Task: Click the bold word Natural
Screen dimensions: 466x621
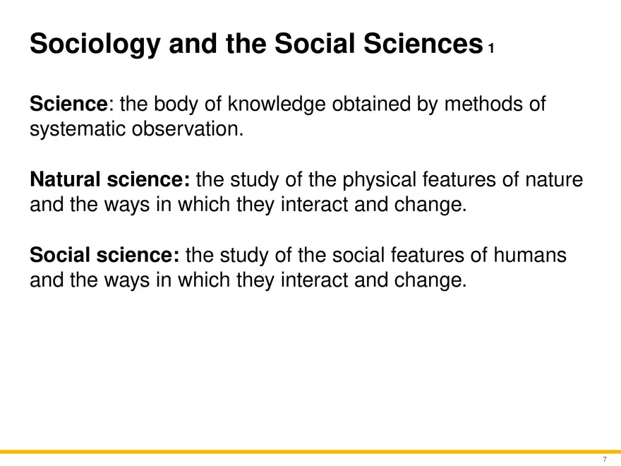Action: [66, 180]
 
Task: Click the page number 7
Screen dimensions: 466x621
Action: [604, 459]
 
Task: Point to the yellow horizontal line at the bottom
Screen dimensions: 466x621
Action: [310, 451]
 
